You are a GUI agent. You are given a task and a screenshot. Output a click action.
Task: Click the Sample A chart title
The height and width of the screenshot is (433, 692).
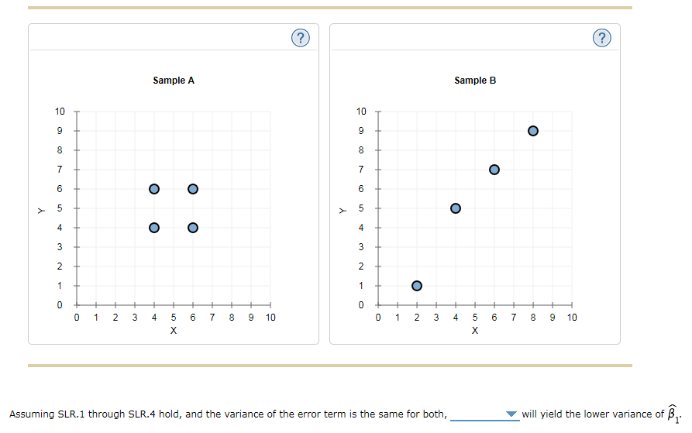pos(173,81)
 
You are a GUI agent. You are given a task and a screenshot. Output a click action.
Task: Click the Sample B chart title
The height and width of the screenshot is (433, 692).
pos(474,81)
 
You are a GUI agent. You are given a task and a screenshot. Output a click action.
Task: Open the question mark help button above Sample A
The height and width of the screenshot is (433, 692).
pos(301,37)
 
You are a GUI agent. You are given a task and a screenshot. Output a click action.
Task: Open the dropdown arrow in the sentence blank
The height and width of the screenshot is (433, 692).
pos(511,414)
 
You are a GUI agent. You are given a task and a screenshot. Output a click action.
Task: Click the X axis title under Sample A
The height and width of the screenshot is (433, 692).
pos(173,331)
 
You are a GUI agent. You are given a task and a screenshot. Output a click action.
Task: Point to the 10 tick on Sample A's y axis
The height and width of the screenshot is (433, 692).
pos(60,111)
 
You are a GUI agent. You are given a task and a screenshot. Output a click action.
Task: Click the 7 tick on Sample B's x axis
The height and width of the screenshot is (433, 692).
pos(514,318)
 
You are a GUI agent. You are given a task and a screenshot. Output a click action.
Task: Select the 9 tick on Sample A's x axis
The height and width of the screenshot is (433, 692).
pos(251,318)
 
